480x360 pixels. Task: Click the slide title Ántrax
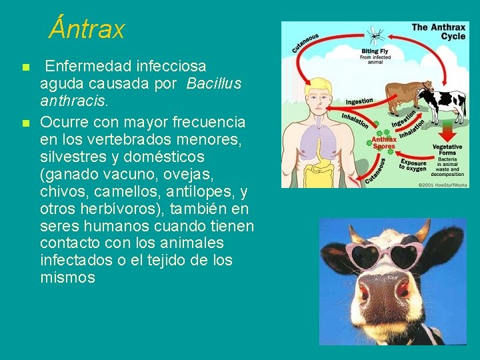[87, 29]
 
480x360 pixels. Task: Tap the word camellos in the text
[123, 191]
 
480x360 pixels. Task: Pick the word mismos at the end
[67, 278]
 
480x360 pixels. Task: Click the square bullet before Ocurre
[25, 123]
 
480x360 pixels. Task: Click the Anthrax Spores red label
[383, 142]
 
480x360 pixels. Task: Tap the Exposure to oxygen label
[413, 165]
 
